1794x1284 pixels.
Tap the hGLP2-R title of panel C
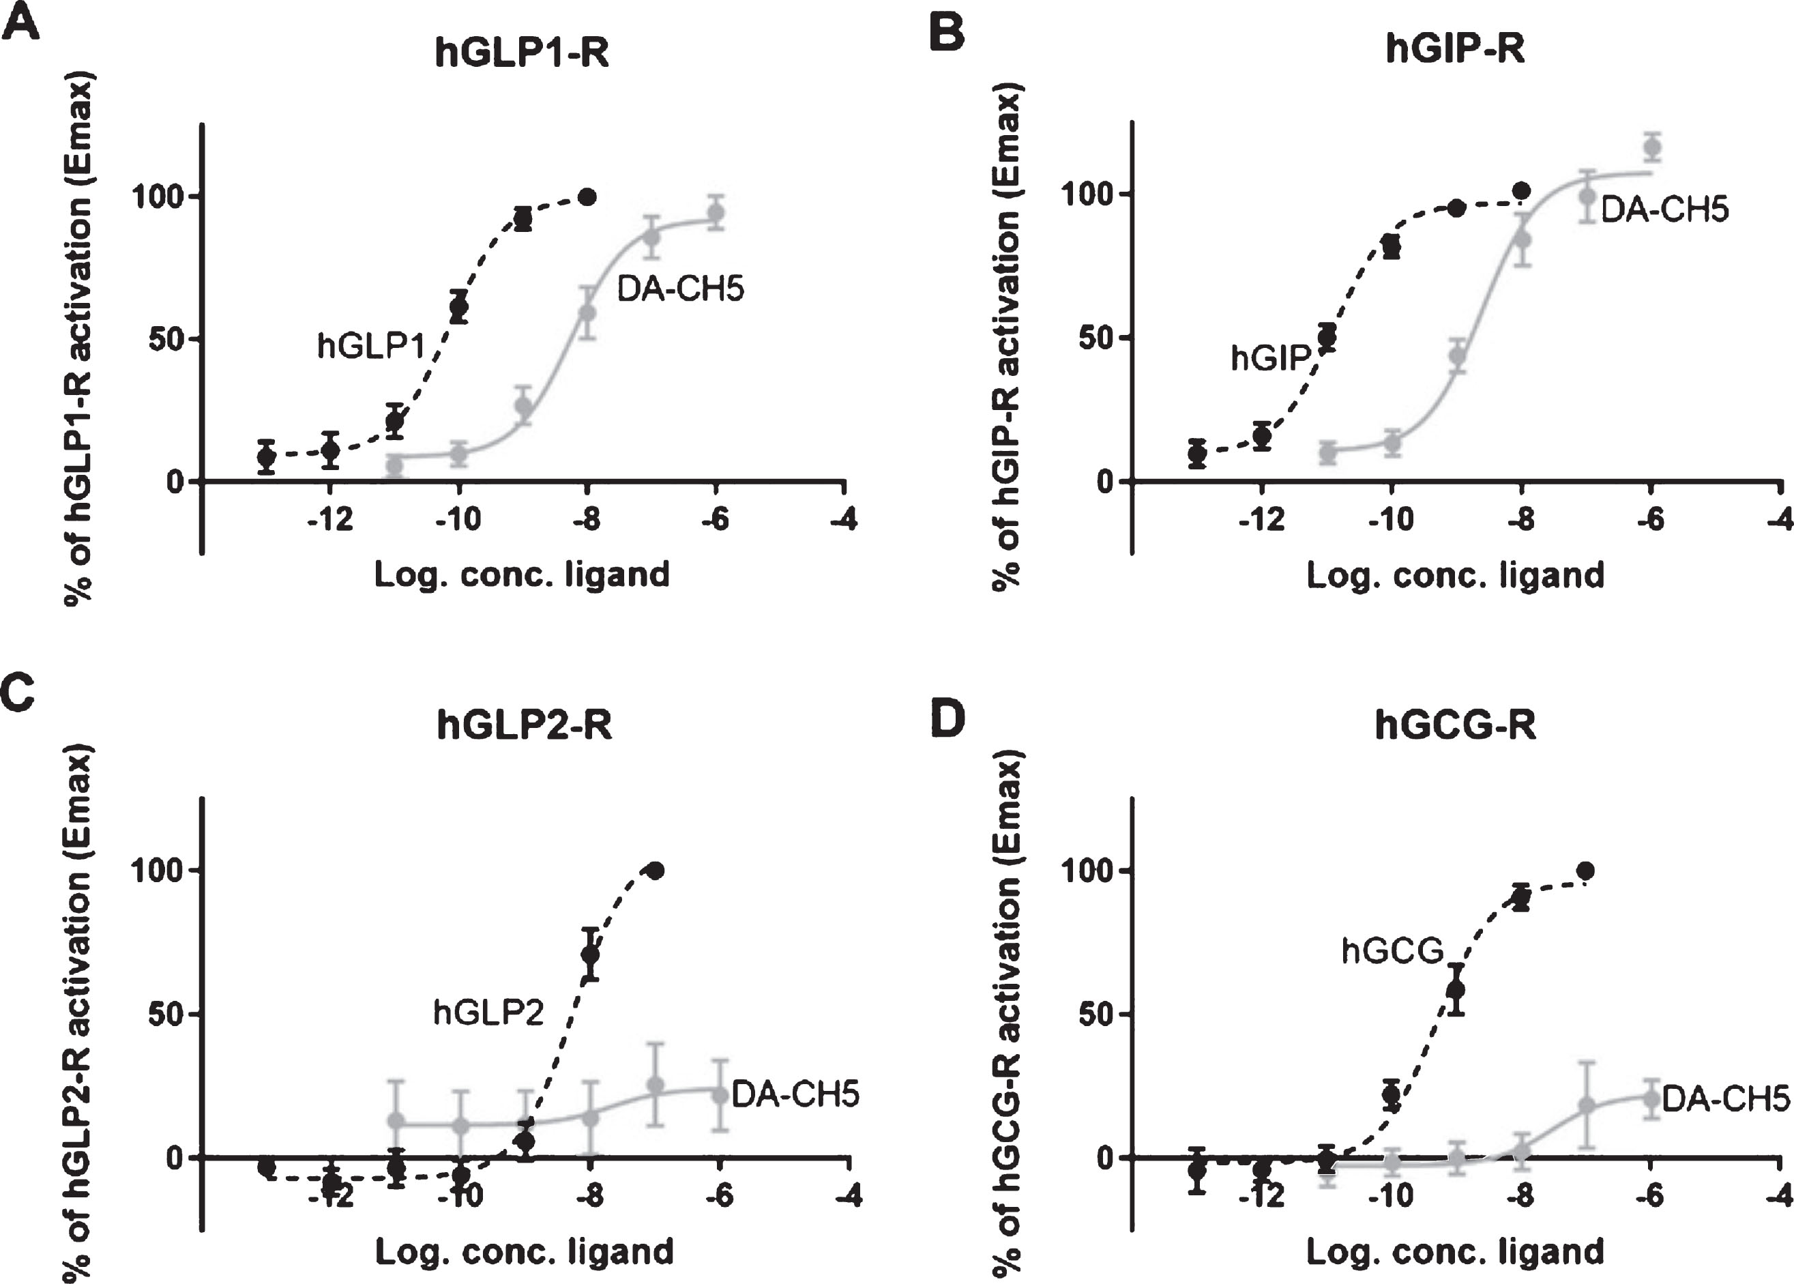click(x=524, y=725)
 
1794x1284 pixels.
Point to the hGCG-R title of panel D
click(x=1455, y=725)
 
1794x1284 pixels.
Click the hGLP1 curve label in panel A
click(x=372, y=345)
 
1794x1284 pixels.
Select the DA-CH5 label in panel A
click(x=681, y=289)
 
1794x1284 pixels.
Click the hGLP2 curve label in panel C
click(x=488, y=1012)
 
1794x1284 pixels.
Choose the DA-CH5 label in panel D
click(x=1726, y=1099)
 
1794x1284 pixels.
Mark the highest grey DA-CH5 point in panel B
click(x=1651, y=147)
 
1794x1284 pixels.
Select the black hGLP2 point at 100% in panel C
click(x=655, y=871)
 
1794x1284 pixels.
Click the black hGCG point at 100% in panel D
click(x=1585, y=871)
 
